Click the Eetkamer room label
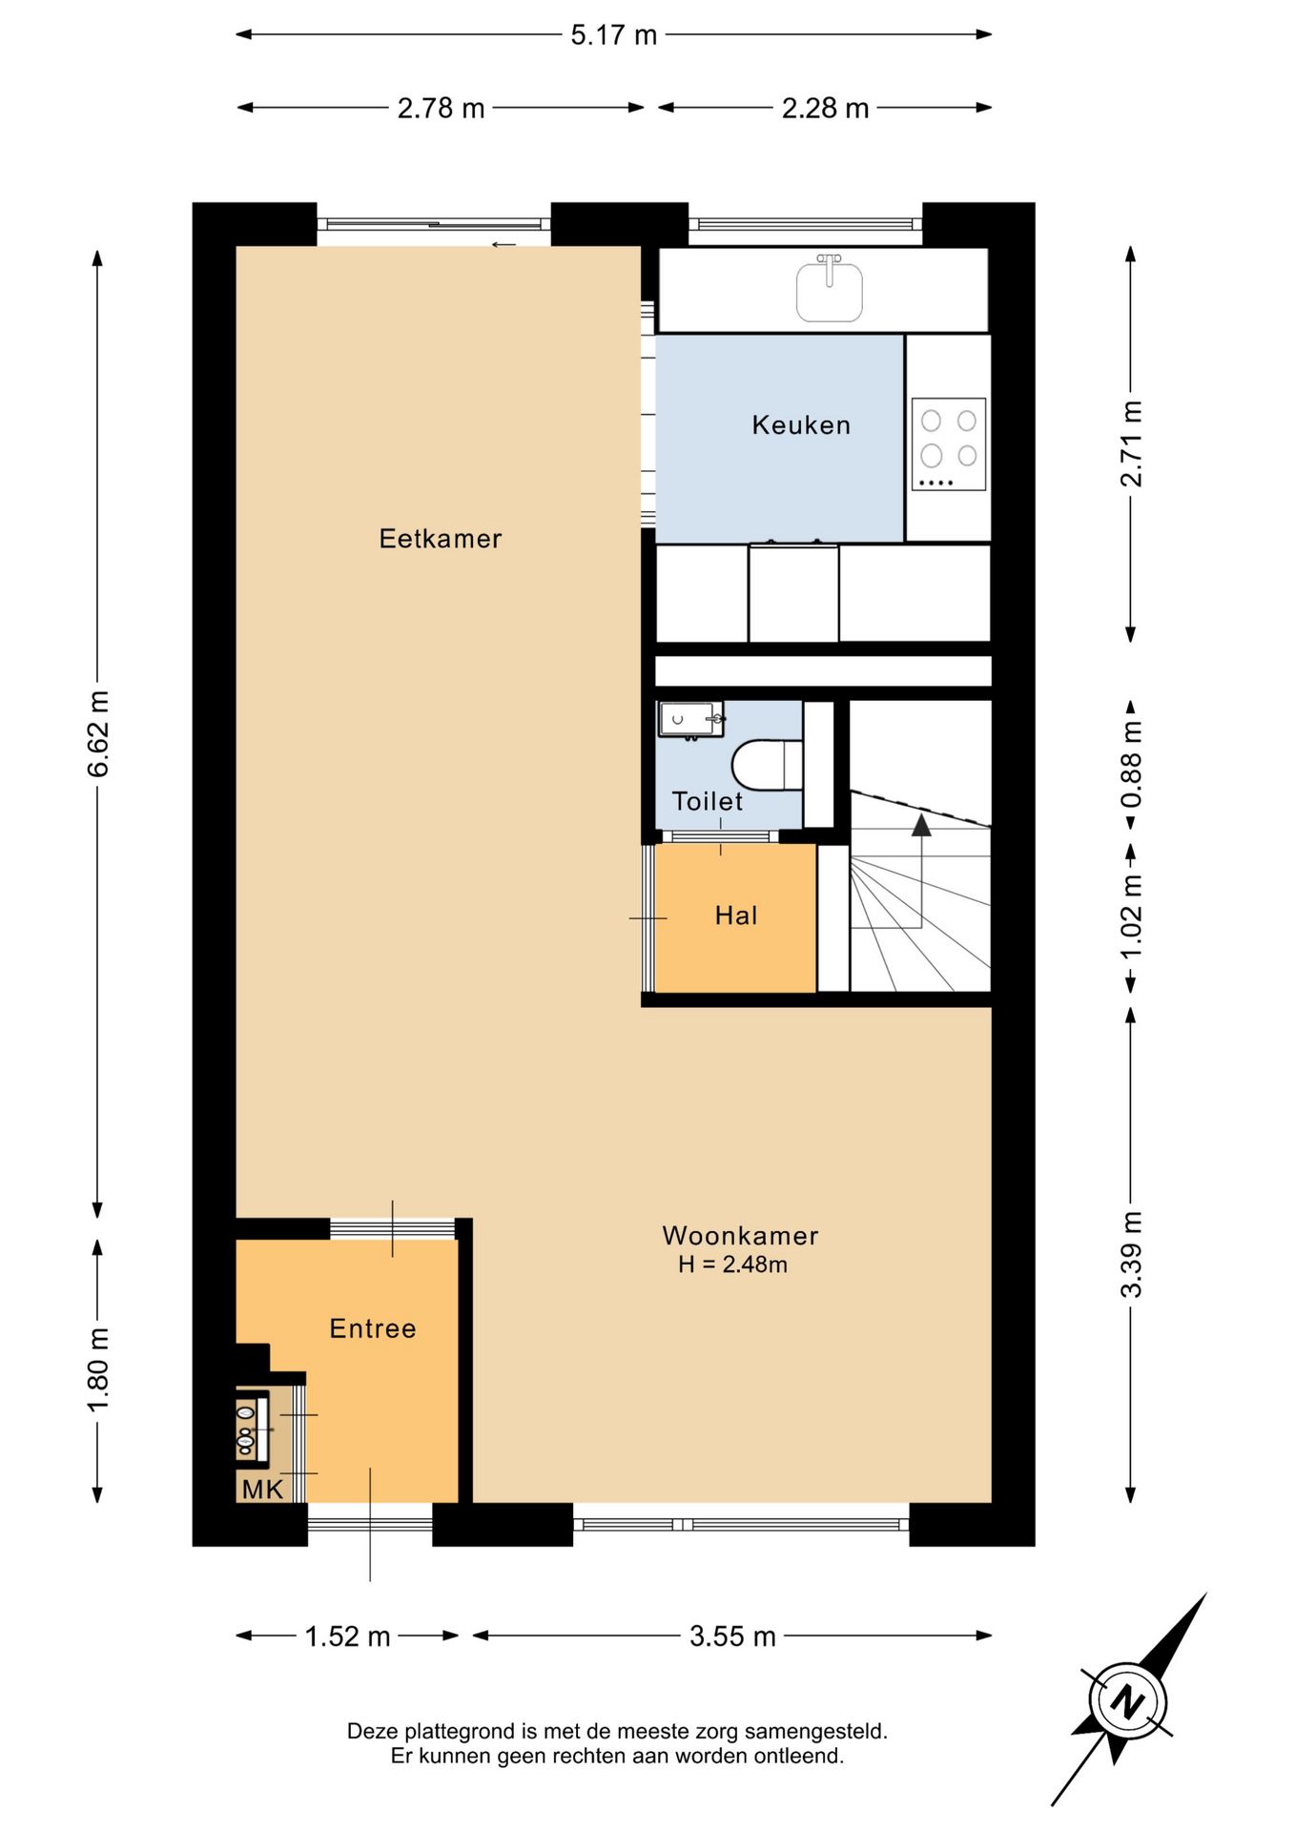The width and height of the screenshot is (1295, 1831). (441, 539)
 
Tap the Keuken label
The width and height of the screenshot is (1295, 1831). (801, 425)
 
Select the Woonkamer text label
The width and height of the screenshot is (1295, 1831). (741, 1236)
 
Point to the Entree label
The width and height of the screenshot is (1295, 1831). (373, 1328)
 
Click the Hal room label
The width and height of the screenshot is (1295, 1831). (736, 915)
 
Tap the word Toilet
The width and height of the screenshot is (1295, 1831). (708, 801)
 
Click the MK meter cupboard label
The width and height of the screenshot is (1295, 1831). (262, 1490)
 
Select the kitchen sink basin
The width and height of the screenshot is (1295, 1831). (830, 291)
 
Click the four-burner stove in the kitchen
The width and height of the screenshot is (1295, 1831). (949, 444)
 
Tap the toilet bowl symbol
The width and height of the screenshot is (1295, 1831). (768, 765)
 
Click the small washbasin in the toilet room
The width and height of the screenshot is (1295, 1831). (690, 719)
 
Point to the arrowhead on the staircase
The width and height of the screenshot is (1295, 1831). (921, 825)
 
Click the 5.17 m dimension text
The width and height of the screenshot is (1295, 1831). (614, 35)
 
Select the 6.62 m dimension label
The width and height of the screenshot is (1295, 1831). (98, 734)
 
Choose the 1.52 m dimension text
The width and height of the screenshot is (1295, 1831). (348, 1636)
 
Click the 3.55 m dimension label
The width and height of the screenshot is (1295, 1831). (733, 1636)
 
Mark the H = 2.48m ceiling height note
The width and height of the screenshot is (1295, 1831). (733, 1265)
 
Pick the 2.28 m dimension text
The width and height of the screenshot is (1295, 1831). (826, 109)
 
